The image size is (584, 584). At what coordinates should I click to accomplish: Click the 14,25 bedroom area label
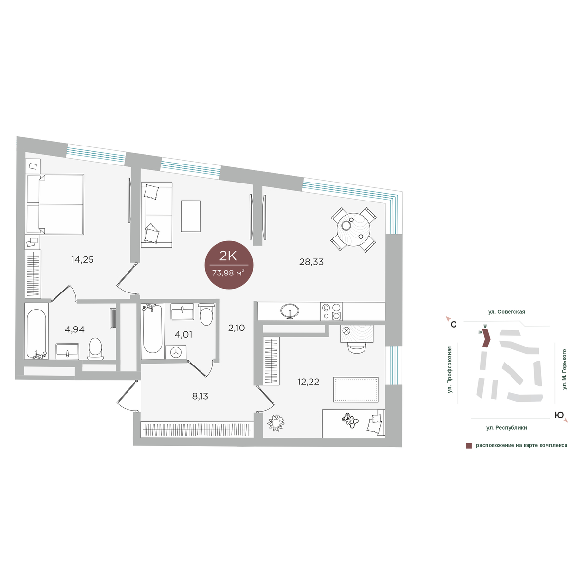[82, 260]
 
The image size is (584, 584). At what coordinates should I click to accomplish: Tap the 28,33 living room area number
[311, 262]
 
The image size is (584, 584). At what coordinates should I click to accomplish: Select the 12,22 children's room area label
[308, 382]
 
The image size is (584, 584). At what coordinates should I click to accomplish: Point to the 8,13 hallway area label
[200, 396]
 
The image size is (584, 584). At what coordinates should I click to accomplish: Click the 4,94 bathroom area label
[74, 329]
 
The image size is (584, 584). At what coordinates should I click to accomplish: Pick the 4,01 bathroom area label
[183, 334]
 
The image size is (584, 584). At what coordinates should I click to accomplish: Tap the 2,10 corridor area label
[237, 328]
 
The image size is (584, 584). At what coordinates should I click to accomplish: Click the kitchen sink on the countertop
[290, 310]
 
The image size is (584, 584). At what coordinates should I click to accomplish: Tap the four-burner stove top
[331, 311]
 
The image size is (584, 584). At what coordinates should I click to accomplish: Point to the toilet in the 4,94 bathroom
[95, 349]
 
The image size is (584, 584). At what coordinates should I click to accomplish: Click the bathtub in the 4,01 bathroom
[152, 331]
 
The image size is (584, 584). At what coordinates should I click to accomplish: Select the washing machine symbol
[176, 352]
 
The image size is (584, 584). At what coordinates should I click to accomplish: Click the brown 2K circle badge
[229, 265]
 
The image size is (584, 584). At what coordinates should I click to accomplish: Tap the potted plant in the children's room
[276, 422]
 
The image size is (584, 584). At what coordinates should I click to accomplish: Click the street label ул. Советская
[507, 312]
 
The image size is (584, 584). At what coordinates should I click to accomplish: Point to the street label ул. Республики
[507, 428]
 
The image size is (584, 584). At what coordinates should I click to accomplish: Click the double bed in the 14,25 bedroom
[55, 204]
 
